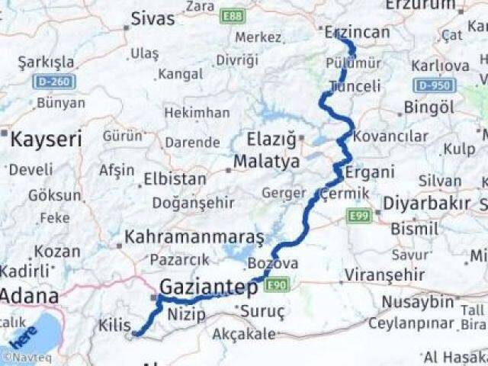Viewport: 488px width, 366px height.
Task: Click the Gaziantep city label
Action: tap(208, 287)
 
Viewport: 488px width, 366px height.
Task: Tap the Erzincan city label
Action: tap(356, 32)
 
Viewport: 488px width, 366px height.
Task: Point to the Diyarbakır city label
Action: tap(425, 204)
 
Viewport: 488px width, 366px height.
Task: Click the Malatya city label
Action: tap(266, 162)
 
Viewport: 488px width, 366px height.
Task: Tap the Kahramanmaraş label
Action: tap(194, 237)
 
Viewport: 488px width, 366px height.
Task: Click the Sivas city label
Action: tap(152, 19)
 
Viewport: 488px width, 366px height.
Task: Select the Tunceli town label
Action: tap(355, 86)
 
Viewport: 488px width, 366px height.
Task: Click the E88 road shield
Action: tap(233, 14)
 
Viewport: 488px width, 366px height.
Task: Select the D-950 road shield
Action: tap(435, 85)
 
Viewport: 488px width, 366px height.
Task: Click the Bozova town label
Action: tap(272, 263)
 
